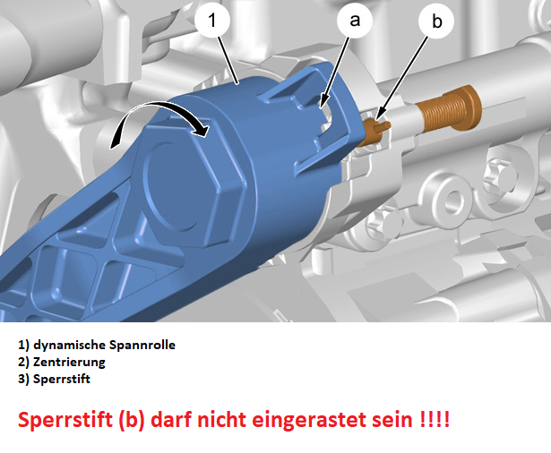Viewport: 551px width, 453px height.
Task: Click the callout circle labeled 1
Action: pos(212,20)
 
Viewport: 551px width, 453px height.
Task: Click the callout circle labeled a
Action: pos(355,20)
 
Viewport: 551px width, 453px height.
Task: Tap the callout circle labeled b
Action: pos(436,21)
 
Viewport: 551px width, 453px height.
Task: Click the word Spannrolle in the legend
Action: pos(142,345)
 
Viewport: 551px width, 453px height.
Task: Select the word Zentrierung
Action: pos(69,362)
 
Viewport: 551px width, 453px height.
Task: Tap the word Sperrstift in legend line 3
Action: pos(62,380)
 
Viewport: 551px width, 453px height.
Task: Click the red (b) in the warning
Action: pos(132,420)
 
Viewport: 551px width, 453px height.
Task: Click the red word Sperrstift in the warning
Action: pos(65,420)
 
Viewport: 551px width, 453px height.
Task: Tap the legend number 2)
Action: pos(23,362)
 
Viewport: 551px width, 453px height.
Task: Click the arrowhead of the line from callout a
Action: pos(323,102)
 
